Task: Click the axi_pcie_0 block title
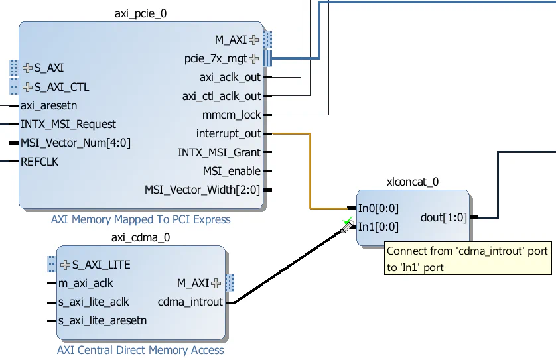coord(141,13)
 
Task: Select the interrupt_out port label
coord(228,134)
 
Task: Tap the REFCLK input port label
coord(40,161)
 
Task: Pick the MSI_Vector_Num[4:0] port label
coord(76,143)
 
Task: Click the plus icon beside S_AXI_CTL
coord(27,87)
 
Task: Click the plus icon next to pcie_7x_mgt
coord(253,58)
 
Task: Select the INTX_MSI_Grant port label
coord(219,152)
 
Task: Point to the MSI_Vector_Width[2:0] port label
coord(202,190)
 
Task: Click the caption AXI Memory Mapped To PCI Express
coord(141,219)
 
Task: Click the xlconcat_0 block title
coord(412,182)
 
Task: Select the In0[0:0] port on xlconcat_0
coord(378,208)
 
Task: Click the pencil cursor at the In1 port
coord(346,227)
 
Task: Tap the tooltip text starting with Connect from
coord(468,259)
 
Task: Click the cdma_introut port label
coord(190,302)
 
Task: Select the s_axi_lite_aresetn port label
coord(102,321)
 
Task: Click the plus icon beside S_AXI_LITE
coord(65,265)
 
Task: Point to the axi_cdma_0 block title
coord(141,237)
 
